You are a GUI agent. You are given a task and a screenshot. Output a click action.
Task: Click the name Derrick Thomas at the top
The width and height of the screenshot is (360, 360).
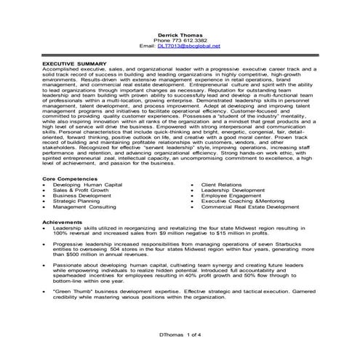coord(180,33)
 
